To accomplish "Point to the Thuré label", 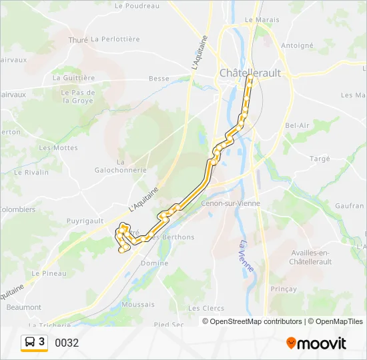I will (x=78, y=39).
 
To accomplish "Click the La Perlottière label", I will (x=115, y=39).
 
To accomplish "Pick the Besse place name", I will (x=159, y=78).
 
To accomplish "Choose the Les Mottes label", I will (x=58, y=148).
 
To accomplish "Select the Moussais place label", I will (x=138, y=304).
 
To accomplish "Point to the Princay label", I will (x=284, y=289).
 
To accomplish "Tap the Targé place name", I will (x=320, y=159).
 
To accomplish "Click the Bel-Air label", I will (x=296, y=125).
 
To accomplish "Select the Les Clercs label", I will (x=206, y=308).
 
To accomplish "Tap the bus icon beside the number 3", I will (x=31, y=343).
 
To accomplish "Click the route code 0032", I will (x=67, y=343).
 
